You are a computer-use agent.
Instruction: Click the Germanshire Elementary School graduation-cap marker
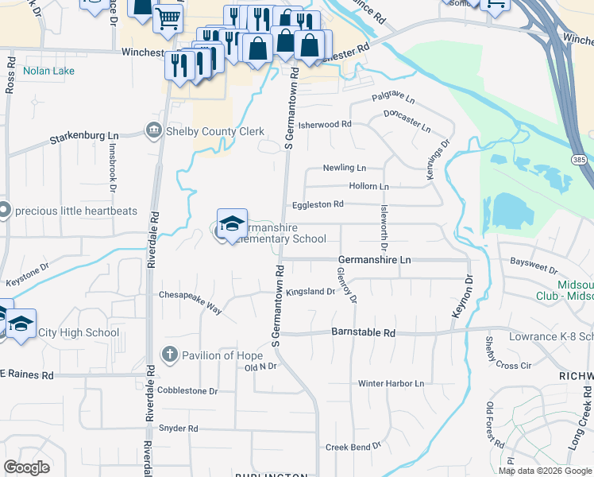(232, 226)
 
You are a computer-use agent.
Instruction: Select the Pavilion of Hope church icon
(168, 355)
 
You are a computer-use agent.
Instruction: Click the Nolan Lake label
(48, 71)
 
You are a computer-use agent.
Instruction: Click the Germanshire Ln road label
(375, 259)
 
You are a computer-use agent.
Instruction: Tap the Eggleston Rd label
(318, 204)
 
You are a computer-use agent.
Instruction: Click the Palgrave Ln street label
(394, 99)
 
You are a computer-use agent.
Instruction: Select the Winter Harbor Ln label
(392, 383)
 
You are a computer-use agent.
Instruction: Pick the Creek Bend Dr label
(353, 447)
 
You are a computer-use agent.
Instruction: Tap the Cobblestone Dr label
(187, 390)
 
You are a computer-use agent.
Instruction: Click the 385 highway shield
(578, 160)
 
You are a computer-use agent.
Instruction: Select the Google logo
(26, 467)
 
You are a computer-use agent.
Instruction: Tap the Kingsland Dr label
(310, 292)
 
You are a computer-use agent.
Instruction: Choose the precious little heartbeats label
(76, 211)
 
